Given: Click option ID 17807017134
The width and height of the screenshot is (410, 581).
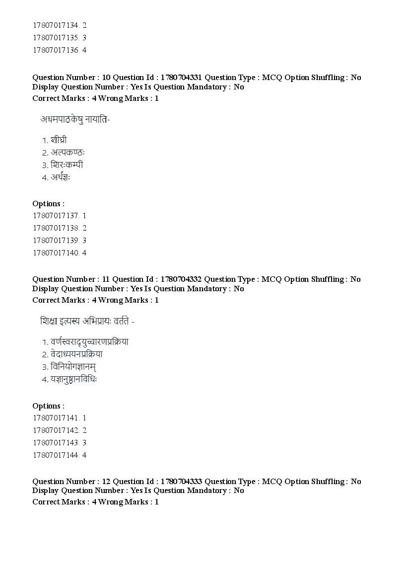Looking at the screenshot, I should (60, 25).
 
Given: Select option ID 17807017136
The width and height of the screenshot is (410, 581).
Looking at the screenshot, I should (60, 50).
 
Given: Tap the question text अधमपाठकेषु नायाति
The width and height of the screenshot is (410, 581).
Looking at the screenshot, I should (75, 119).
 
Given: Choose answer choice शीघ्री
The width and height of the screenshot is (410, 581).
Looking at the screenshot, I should (59, 140).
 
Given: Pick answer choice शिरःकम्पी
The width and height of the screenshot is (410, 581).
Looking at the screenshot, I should (67, 165).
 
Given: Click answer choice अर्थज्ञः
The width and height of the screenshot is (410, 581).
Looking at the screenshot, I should (61, 177).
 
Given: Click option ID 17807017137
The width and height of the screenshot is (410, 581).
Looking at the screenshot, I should (60, 216).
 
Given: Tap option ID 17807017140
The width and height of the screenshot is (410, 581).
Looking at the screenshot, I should (60, 252).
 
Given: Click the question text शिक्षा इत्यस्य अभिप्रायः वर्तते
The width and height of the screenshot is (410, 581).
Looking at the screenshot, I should (87, 321).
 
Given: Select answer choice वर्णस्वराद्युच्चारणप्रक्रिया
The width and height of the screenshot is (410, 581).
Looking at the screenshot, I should (89, 342).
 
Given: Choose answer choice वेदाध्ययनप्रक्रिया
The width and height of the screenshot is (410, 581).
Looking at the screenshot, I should (76, 354).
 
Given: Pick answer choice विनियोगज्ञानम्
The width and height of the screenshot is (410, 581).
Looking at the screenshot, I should (73, 367).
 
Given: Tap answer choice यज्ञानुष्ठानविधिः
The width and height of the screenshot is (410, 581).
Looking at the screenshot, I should (73, 379).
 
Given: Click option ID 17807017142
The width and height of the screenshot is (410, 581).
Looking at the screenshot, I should (60, 430).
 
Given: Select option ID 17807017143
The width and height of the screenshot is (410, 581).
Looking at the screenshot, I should (60, 442).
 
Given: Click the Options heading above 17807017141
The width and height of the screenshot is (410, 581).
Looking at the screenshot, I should (48, 406).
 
